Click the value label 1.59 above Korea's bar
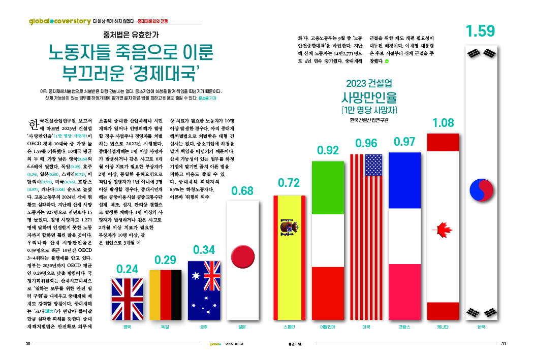point(480,31)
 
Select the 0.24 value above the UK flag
point(128,269)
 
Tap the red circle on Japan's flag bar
point(242,253)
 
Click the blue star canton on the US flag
point(373,165)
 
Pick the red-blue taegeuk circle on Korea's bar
point(480,189)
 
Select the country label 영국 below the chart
point(128,328)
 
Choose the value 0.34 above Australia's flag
point(205,250)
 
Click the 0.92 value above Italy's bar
point(328,151)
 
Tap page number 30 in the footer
point(28,344)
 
